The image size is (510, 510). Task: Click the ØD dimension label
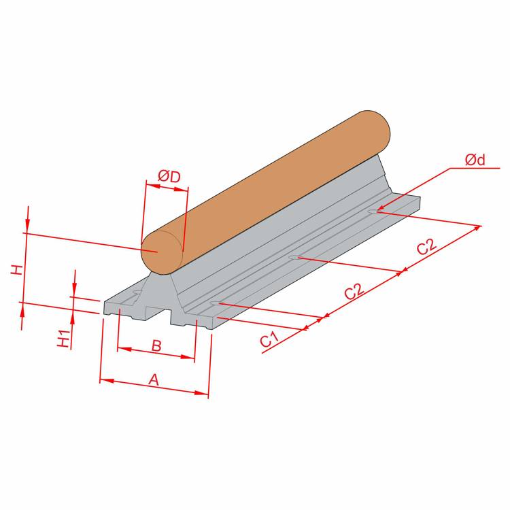tap(169, 177)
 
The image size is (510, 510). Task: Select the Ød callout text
tap(475, 160)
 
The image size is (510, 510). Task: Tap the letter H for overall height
tap(17, 270)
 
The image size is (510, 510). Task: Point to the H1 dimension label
tap(64, 338)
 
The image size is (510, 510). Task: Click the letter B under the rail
tap(156, 345)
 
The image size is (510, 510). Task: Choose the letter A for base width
tap(154, 379)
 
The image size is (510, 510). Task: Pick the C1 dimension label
tap(270, 339)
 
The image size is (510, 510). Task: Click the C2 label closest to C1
tap(354, 292)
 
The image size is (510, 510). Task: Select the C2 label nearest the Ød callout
tap(426, 247)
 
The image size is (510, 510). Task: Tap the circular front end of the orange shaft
tap(162, 253)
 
